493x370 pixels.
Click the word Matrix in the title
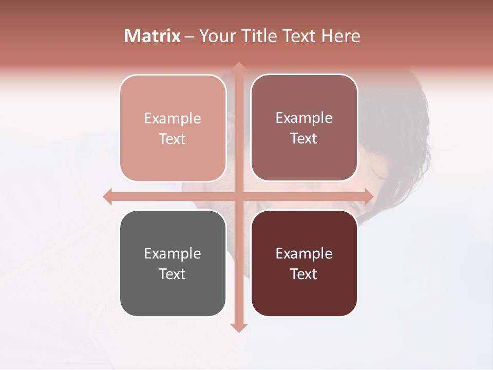[153, 36]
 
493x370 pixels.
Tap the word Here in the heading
[340, 36]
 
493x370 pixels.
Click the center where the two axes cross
[238, 196]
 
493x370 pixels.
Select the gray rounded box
[173, 298]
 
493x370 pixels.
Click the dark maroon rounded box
[304, 298]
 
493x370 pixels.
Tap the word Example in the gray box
[173, 253]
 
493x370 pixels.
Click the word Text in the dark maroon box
[304, 274]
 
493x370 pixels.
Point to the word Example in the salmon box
[173, 118]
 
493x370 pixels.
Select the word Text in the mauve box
[304, 139]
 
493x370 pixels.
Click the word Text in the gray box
[173, 274]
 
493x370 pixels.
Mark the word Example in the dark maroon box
[304, 253]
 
